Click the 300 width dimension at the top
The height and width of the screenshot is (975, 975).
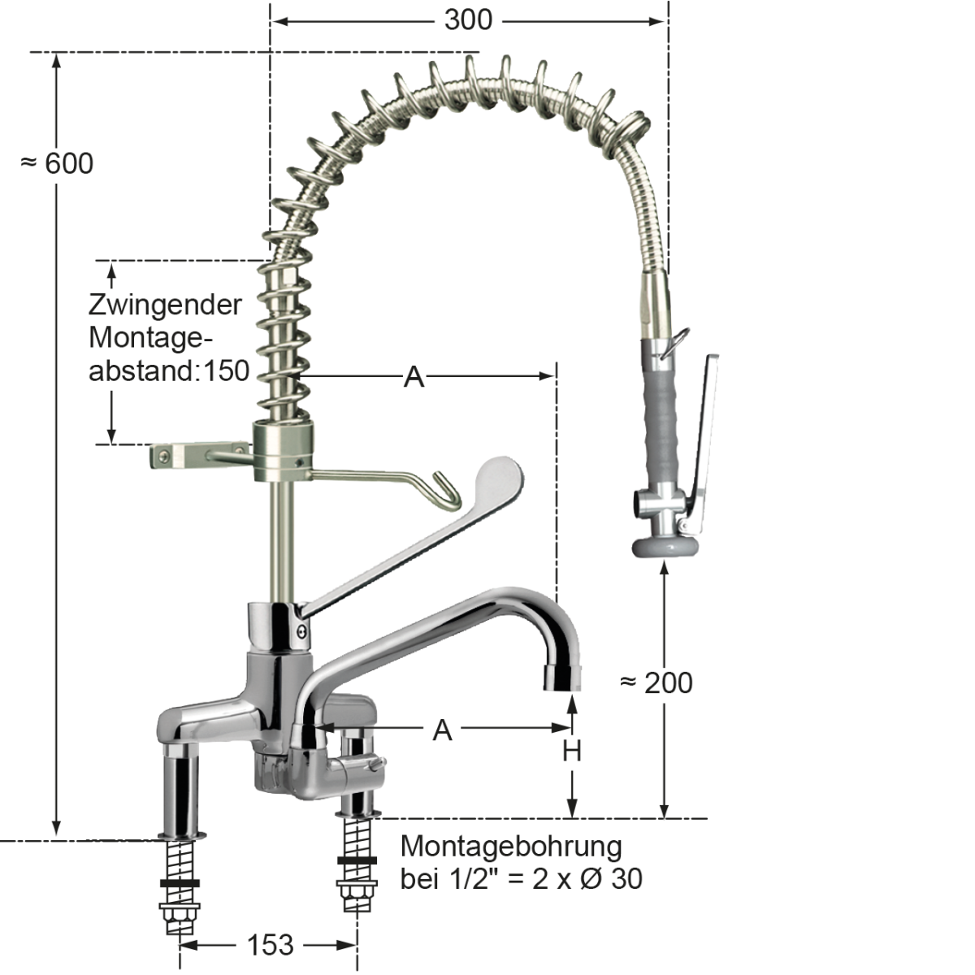[468, 19]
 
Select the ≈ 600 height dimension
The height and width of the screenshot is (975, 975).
[57, 163]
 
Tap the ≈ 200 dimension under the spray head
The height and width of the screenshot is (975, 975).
[656, 682]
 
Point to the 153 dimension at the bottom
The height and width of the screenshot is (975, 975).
[270, 944]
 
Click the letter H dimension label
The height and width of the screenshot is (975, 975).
[572, 752]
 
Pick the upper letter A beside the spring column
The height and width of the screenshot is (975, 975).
[414, 377]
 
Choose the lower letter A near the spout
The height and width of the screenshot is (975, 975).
[441, 730]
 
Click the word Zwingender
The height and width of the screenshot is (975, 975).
[165, 305]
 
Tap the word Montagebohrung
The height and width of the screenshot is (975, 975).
[511, 846]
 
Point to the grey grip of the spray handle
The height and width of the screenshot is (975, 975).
[663, 414]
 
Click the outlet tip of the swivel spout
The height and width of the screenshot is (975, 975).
[562, 677]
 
